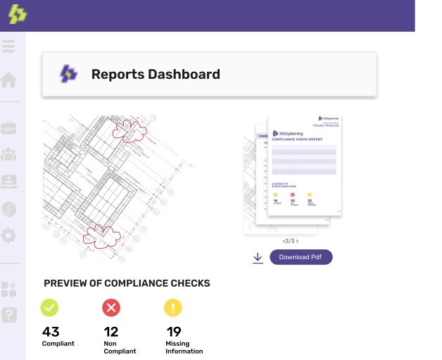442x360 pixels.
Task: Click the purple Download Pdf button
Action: click(301, 257)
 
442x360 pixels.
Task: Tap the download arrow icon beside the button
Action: click(258, 258)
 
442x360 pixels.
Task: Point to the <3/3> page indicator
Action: click(290, 241)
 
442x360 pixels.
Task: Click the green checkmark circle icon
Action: click(50, 307)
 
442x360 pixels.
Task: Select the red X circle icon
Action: click(111, 307)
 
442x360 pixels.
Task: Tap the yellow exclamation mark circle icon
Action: click(173, 307)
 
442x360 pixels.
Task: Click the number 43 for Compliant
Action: click(51, 332)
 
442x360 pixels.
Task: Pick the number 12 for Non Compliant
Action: click(111, 332)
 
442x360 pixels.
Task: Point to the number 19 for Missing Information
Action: click(174, 332)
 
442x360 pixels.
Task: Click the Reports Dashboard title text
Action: click(156, 74)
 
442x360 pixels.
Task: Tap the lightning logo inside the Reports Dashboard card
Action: click(68, 74)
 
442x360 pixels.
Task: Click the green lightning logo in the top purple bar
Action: click(18, 15)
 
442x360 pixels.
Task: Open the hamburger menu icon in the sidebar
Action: click(8, 47)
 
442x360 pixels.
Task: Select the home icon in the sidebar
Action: click(8, 80)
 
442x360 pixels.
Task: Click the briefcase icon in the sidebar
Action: click(8, 128)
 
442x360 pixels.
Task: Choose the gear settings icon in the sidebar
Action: click(8, 235)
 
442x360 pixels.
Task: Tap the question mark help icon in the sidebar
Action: click(8, 315)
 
